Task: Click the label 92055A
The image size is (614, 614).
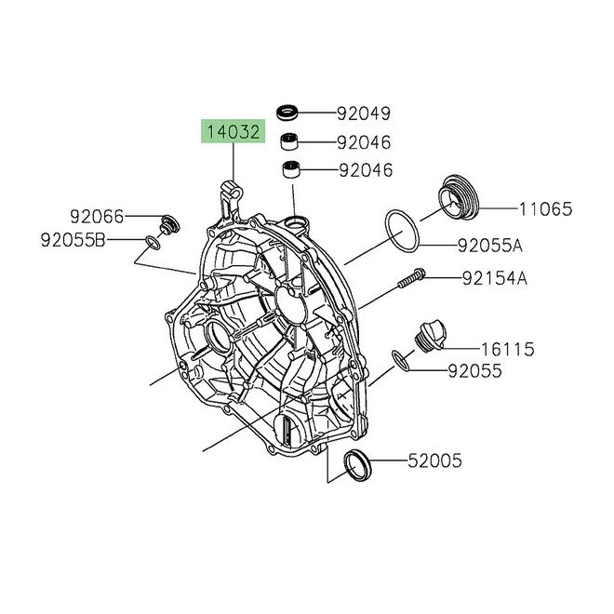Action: tap(489, 247)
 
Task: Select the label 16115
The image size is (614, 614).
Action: tap(507, 349)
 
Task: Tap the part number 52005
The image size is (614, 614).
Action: tap(436, 460)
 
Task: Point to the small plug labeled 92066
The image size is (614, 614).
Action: tap(168, 223)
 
